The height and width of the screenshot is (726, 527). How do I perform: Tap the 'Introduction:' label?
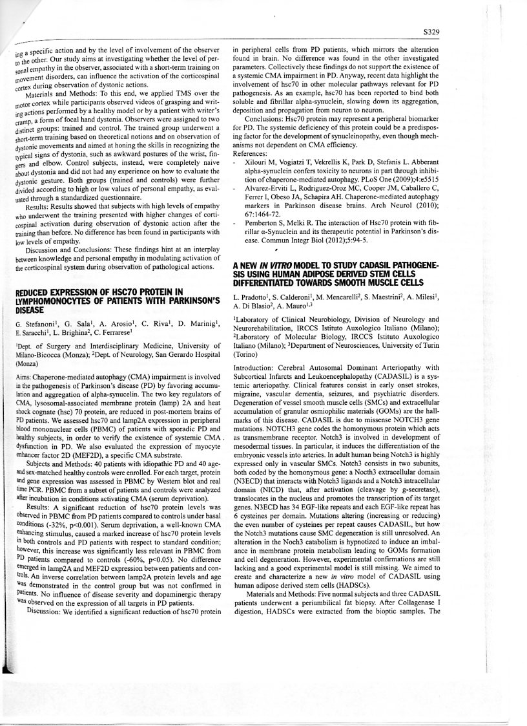point(254,367)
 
